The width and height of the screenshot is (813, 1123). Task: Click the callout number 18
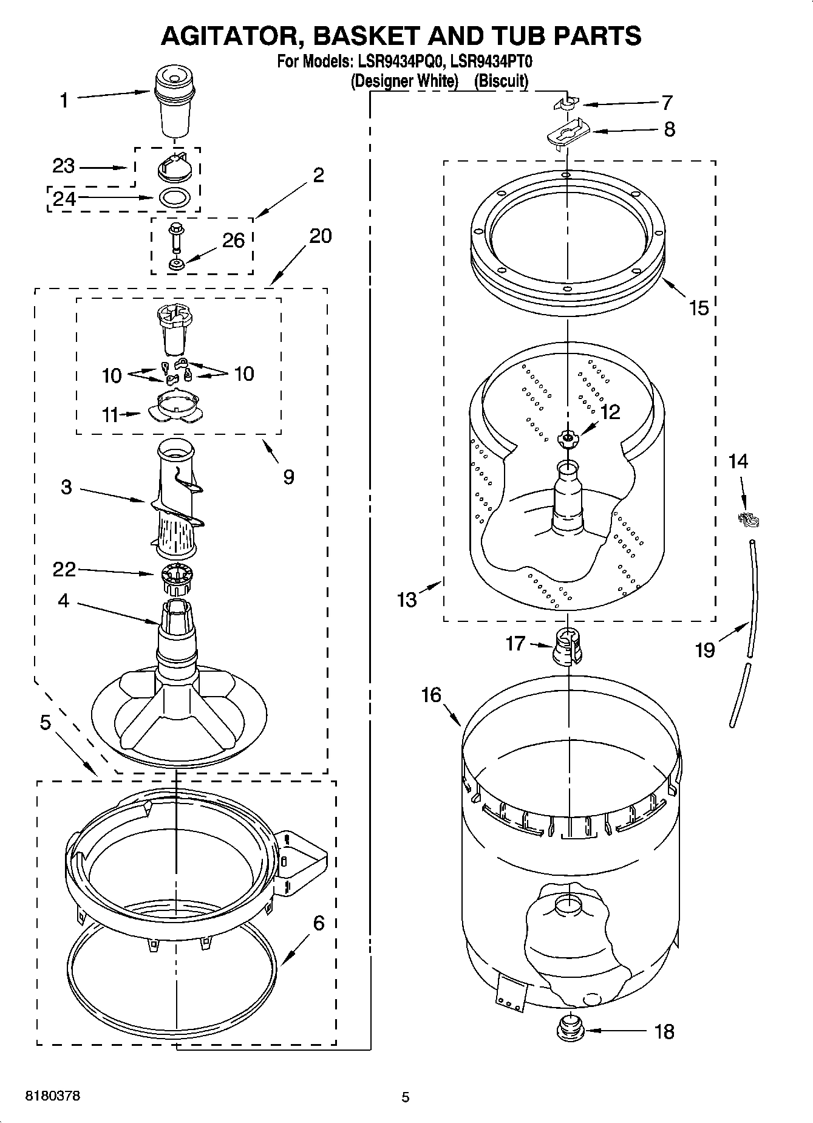(665, 1031)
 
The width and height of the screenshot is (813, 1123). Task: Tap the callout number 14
(738, 462)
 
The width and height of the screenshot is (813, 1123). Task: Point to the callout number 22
(64, 569)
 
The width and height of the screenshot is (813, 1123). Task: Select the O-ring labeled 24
(175, 198)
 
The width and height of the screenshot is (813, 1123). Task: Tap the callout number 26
(233, 241)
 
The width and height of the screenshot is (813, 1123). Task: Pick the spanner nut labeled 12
(568, 438)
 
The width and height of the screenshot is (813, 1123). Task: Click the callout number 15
(699, 308)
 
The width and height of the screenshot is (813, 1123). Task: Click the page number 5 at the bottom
(405, 1097)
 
